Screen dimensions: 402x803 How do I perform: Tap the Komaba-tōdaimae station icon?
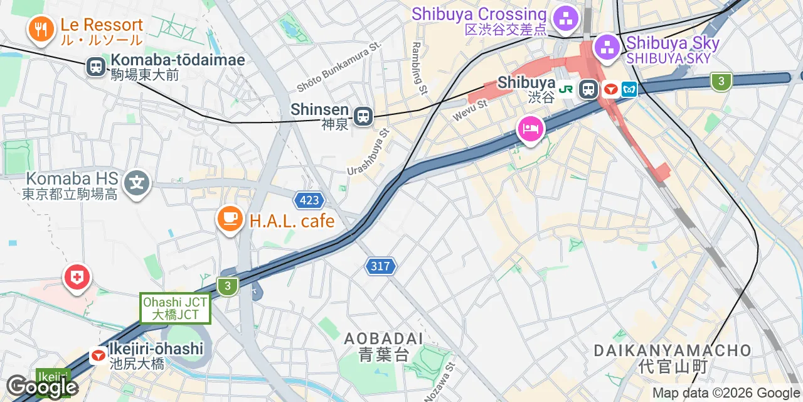coord(97,67)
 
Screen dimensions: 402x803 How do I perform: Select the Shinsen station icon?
coord(363,116)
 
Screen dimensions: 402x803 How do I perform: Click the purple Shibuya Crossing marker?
coord(566,19)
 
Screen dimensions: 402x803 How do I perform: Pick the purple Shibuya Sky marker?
coord(607,46)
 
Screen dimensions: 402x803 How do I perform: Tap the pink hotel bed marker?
coord(531,129)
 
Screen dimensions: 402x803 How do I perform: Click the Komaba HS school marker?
coord(137,183)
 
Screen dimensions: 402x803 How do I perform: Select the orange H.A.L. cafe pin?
coord(230,219)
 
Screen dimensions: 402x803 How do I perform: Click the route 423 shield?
coord(309,201)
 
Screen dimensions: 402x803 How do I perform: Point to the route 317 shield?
coord(381,266)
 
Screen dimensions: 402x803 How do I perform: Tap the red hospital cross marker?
coord(77,278)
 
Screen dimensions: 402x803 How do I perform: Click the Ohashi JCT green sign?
coord(175,308)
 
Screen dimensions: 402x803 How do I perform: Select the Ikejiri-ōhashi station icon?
coord(98,356)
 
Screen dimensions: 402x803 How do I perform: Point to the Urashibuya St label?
coord(370,152)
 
